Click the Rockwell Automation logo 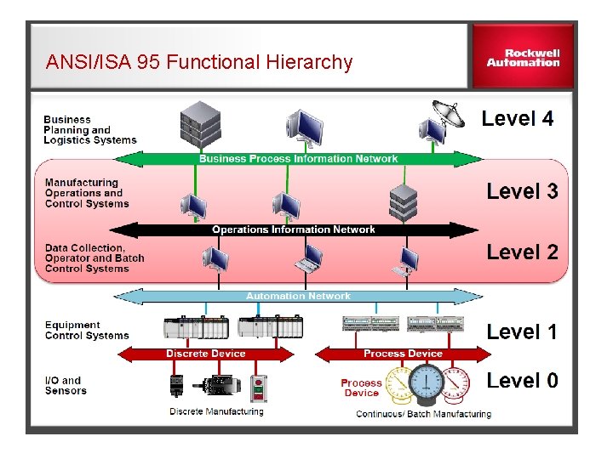[523, 57]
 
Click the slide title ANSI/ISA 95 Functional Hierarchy [199, 62]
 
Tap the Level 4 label [517, 119]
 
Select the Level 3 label [522, 191]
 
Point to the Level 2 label [522, 252]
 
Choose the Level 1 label [522, 331]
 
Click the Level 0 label [522, 381]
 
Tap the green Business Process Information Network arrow [298, 159]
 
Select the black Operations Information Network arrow [294, 229]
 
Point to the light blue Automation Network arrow [298, 296]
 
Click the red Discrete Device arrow [205, 354]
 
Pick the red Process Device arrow [402, 354]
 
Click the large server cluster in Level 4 [201, 124]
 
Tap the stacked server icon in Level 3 [404, 201]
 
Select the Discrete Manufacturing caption [216, 412]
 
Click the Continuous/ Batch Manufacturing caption [423, 414]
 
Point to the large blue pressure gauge [426, 385]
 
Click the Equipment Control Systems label [86, 330]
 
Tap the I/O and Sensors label [66, 386]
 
